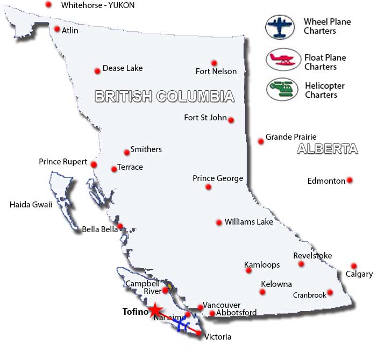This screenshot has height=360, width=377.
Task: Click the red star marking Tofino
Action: (x=155, y=310)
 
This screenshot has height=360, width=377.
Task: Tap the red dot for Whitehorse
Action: (x=49, y=4)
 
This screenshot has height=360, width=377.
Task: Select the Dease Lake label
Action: (x=123, y=68)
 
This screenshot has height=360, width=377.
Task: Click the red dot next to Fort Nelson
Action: (x=214, y=63)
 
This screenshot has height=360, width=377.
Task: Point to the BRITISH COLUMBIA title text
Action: (x=165, y=97)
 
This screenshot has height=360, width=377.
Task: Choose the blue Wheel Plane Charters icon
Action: (x=281, y=26)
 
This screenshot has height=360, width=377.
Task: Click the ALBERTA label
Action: (x=327, y=149)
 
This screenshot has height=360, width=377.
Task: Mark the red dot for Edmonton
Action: (x=350, y=180)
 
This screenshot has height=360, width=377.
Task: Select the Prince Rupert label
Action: (x=63, y=162)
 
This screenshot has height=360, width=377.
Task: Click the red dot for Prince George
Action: (x=208, y=187)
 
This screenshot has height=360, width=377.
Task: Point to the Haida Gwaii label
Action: (x=31, y=204)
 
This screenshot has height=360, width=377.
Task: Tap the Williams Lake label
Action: (x=248, y=221)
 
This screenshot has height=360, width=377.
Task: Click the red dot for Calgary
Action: (x=354, y=266)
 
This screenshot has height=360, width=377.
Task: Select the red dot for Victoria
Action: (x=198, y=334)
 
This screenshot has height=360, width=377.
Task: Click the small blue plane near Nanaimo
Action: (x=182, y=326)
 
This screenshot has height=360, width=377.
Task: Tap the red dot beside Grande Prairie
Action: (x=261, y=141)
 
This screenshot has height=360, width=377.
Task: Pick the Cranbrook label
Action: (x=309, y=295)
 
